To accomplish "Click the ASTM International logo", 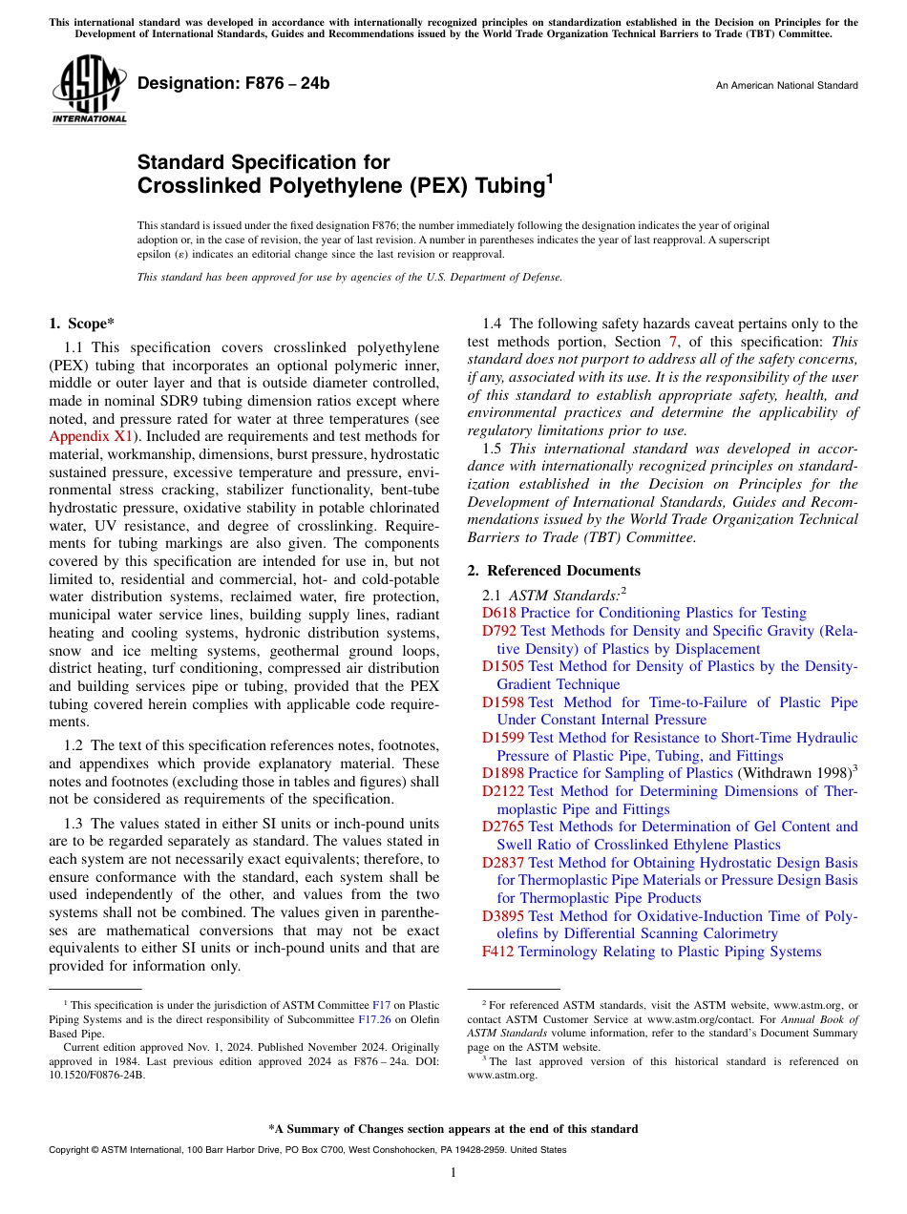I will (x=89, y=89).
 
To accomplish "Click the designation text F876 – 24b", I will (x=234, y=84).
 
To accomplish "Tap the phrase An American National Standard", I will (x=787, y=86).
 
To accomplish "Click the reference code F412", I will (x=497, y=952).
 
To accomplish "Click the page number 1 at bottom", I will (x=453, y=1173).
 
